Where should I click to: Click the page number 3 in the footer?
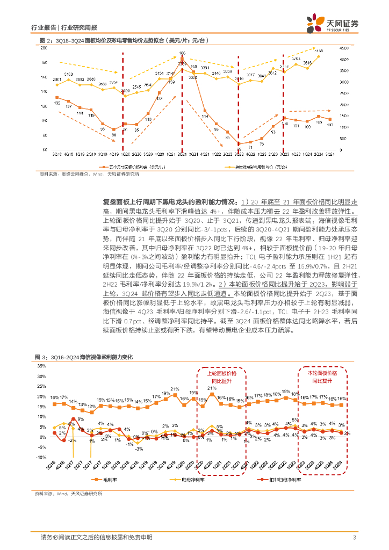pos(354,538)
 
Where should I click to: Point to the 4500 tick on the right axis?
pos(343,48)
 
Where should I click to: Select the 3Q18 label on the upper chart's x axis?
pos(56,154)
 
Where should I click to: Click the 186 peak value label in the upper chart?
pos(182,53)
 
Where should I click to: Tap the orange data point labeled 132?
pos(56,97)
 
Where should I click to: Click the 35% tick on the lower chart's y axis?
pos(41,365)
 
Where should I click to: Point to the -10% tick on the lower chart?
pos(41,458)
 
